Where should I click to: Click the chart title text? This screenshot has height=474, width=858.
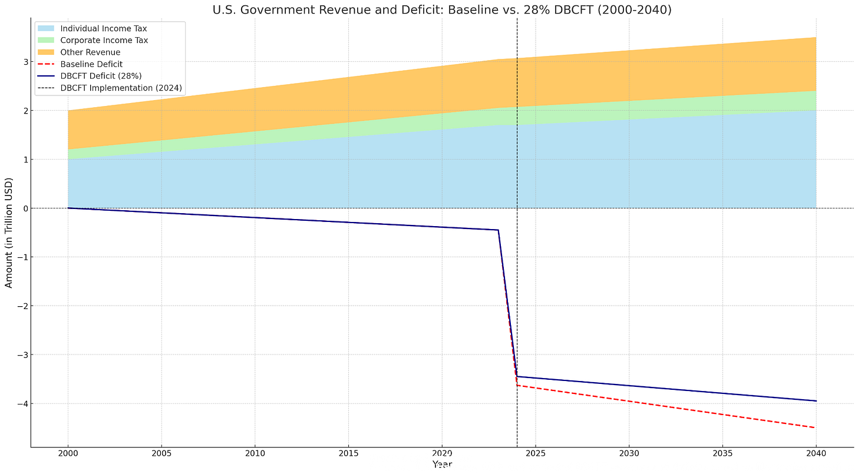pos(441,9)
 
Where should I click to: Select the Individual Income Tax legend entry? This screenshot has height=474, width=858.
pos(103,28)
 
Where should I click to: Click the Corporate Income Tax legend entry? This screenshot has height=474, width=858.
pos(104,40)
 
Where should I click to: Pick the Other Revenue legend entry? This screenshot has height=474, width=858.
pos(90,52)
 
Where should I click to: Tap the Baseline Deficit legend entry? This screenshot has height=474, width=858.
pos(91,64)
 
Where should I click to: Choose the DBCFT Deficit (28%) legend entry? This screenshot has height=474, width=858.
pos(101,76)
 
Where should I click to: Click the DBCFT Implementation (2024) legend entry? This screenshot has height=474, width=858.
pos(121,88)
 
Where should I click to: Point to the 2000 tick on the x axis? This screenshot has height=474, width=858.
pos(67,454)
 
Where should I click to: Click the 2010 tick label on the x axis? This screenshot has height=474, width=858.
pos(255,454)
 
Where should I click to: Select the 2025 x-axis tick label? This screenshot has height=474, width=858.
pos(535,454)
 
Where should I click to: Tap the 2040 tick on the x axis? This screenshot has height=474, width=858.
pos(816,454)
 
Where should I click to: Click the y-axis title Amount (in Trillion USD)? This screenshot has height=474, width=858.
pos(9,233)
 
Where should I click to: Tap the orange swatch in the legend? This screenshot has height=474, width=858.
pos(46,52)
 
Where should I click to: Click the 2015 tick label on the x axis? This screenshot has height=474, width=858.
pos(348,454)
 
